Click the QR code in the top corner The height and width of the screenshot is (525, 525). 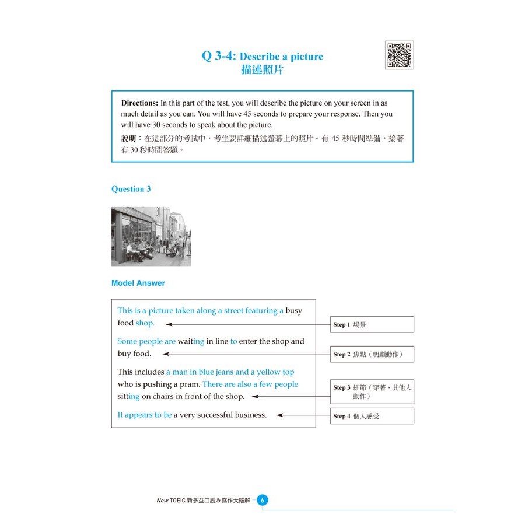coord(399,55)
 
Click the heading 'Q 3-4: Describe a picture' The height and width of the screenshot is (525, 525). coord(262,57)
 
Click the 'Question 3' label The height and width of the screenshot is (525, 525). coord(131,189)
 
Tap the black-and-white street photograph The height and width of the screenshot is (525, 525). coord(151,236)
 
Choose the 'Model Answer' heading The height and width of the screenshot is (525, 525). coord(138,283)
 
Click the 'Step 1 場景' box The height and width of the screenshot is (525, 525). coord(372,324)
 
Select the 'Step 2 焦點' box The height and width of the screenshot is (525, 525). coord(372,354)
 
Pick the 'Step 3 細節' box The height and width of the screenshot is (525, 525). coord(372,392)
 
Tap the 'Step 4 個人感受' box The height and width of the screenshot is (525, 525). coord(372,416)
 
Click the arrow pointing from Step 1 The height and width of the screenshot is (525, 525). coord(251,324)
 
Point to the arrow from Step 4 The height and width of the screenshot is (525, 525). coord(303,415)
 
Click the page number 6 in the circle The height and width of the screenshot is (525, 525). coord(262,501)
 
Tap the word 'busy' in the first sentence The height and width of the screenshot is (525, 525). coord(294,311)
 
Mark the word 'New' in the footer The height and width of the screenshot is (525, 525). coord(162,501)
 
